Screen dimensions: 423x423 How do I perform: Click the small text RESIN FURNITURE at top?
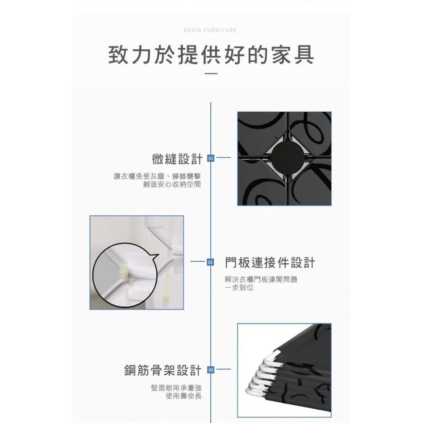point(211,30)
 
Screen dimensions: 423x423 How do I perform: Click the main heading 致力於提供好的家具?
point(211,55)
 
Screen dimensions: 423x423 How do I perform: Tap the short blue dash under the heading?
point(211,74)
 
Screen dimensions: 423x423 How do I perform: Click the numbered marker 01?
point(211,159)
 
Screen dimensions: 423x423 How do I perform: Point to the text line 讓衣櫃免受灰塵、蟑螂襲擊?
point(157,176)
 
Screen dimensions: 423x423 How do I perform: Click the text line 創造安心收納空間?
point(171,184)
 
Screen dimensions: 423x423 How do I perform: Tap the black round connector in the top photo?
point(284,157)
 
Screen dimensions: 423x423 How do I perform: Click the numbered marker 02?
point(211,263)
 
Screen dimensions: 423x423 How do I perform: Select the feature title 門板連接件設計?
point(270,263)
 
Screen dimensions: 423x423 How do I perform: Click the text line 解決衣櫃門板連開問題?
point(261,280)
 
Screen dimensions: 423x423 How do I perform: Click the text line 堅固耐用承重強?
point(176,387)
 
